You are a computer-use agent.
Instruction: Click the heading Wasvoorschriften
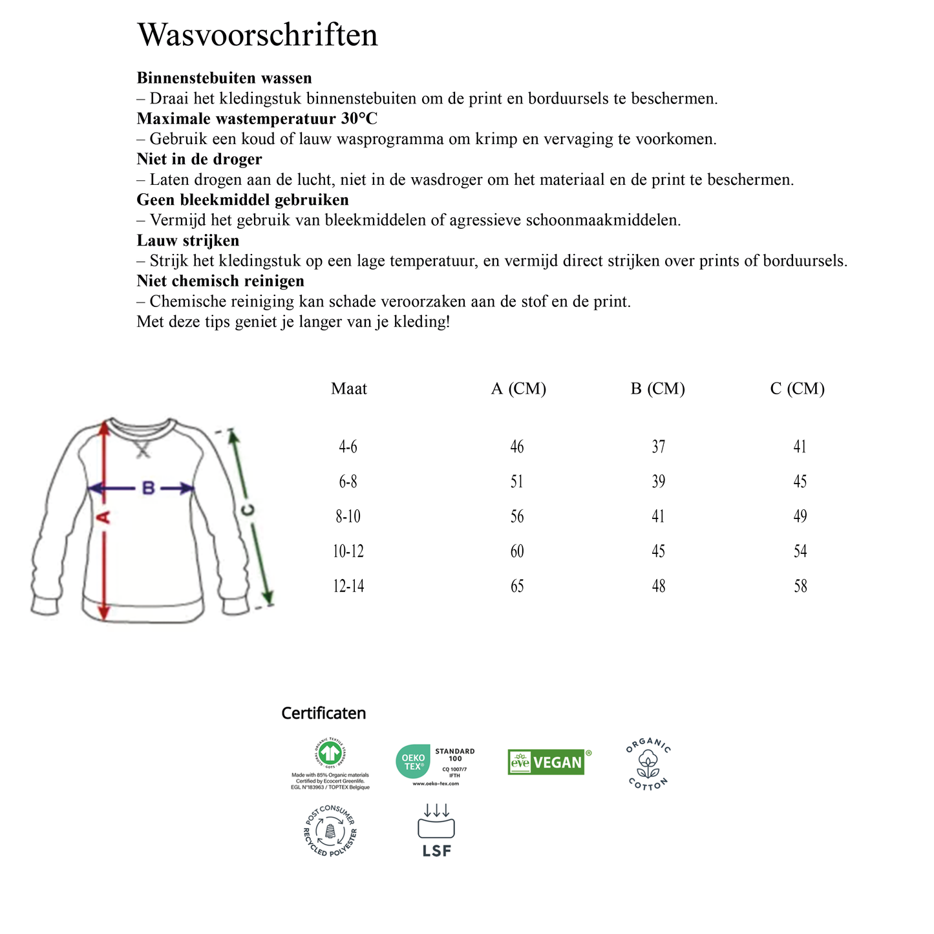[257, 35]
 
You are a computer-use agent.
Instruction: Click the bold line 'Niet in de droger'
[199, 159]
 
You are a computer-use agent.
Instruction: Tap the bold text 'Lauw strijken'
[188, 240]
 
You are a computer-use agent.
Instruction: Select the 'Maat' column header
[349, 388]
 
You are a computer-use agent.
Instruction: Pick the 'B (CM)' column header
[658, 388]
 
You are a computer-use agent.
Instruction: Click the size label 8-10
[348, 516]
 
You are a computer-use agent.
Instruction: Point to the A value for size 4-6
[517, 447]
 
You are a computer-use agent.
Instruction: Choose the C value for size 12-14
[800, 586]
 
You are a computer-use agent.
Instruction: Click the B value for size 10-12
[659, 551]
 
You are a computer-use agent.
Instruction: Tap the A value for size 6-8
[517, 482]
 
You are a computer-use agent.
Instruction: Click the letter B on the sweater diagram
[148, 489]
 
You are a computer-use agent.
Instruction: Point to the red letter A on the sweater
[104, 517]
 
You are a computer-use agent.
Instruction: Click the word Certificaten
[323, 714]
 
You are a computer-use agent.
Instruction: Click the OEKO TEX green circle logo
[413, 761]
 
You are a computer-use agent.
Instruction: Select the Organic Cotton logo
[648, 764]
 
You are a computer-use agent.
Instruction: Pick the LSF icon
[437, 831]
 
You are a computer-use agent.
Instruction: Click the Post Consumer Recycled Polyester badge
[330, 831]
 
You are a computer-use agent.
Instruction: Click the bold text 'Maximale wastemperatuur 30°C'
[257, 119]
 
